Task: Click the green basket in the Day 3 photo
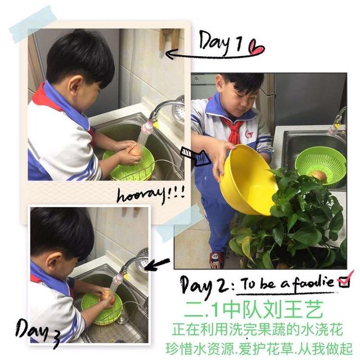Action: [x=102, y=307]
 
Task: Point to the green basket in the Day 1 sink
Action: [x=129, y=163]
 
